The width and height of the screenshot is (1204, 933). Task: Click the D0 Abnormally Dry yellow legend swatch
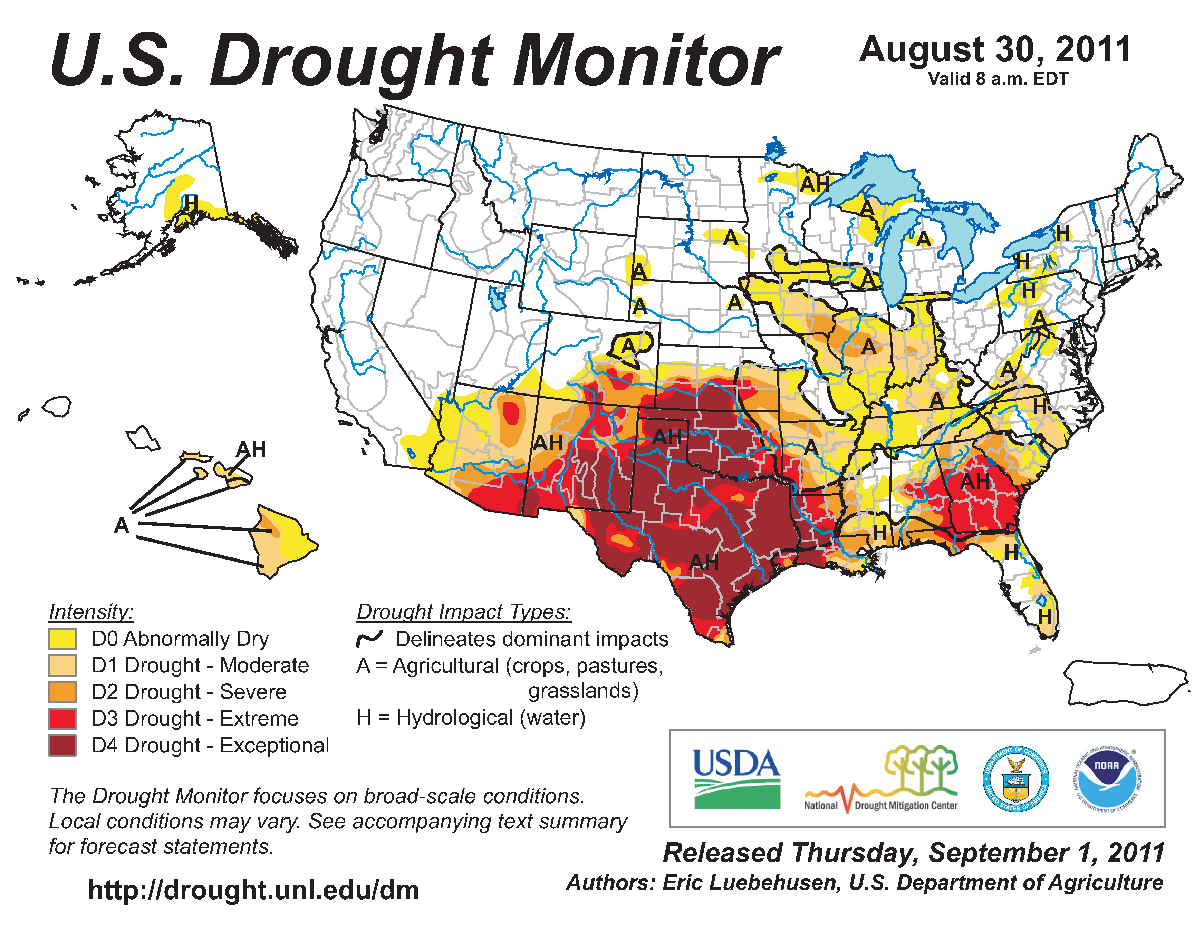(62, 639)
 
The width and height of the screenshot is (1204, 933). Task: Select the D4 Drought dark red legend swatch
(62, 745)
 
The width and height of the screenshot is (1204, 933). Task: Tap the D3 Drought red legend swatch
(62, 719)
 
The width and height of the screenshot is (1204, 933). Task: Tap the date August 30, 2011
(995, 50)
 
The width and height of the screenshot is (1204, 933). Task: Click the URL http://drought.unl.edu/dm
(253, 890)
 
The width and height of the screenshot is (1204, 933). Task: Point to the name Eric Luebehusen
(752, 882)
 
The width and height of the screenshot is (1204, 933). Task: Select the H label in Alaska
(191, 203)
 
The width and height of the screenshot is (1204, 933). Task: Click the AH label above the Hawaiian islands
(251, 449)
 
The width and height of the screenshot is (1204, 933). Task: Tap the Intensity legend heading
(91, 612)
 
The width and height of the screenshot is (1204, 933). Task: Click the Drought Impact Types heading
(464, 612)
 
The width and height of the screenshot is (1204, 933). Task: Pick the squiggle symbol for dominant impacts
(369, 639)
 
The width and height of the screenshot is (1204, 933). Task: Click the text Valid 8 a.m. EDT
(998, 79)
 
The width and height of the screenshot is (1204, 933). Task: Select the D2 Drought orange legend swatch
(62, 692)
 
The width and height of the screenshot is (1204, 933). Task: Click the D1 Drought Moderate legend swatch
(62, 665)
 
